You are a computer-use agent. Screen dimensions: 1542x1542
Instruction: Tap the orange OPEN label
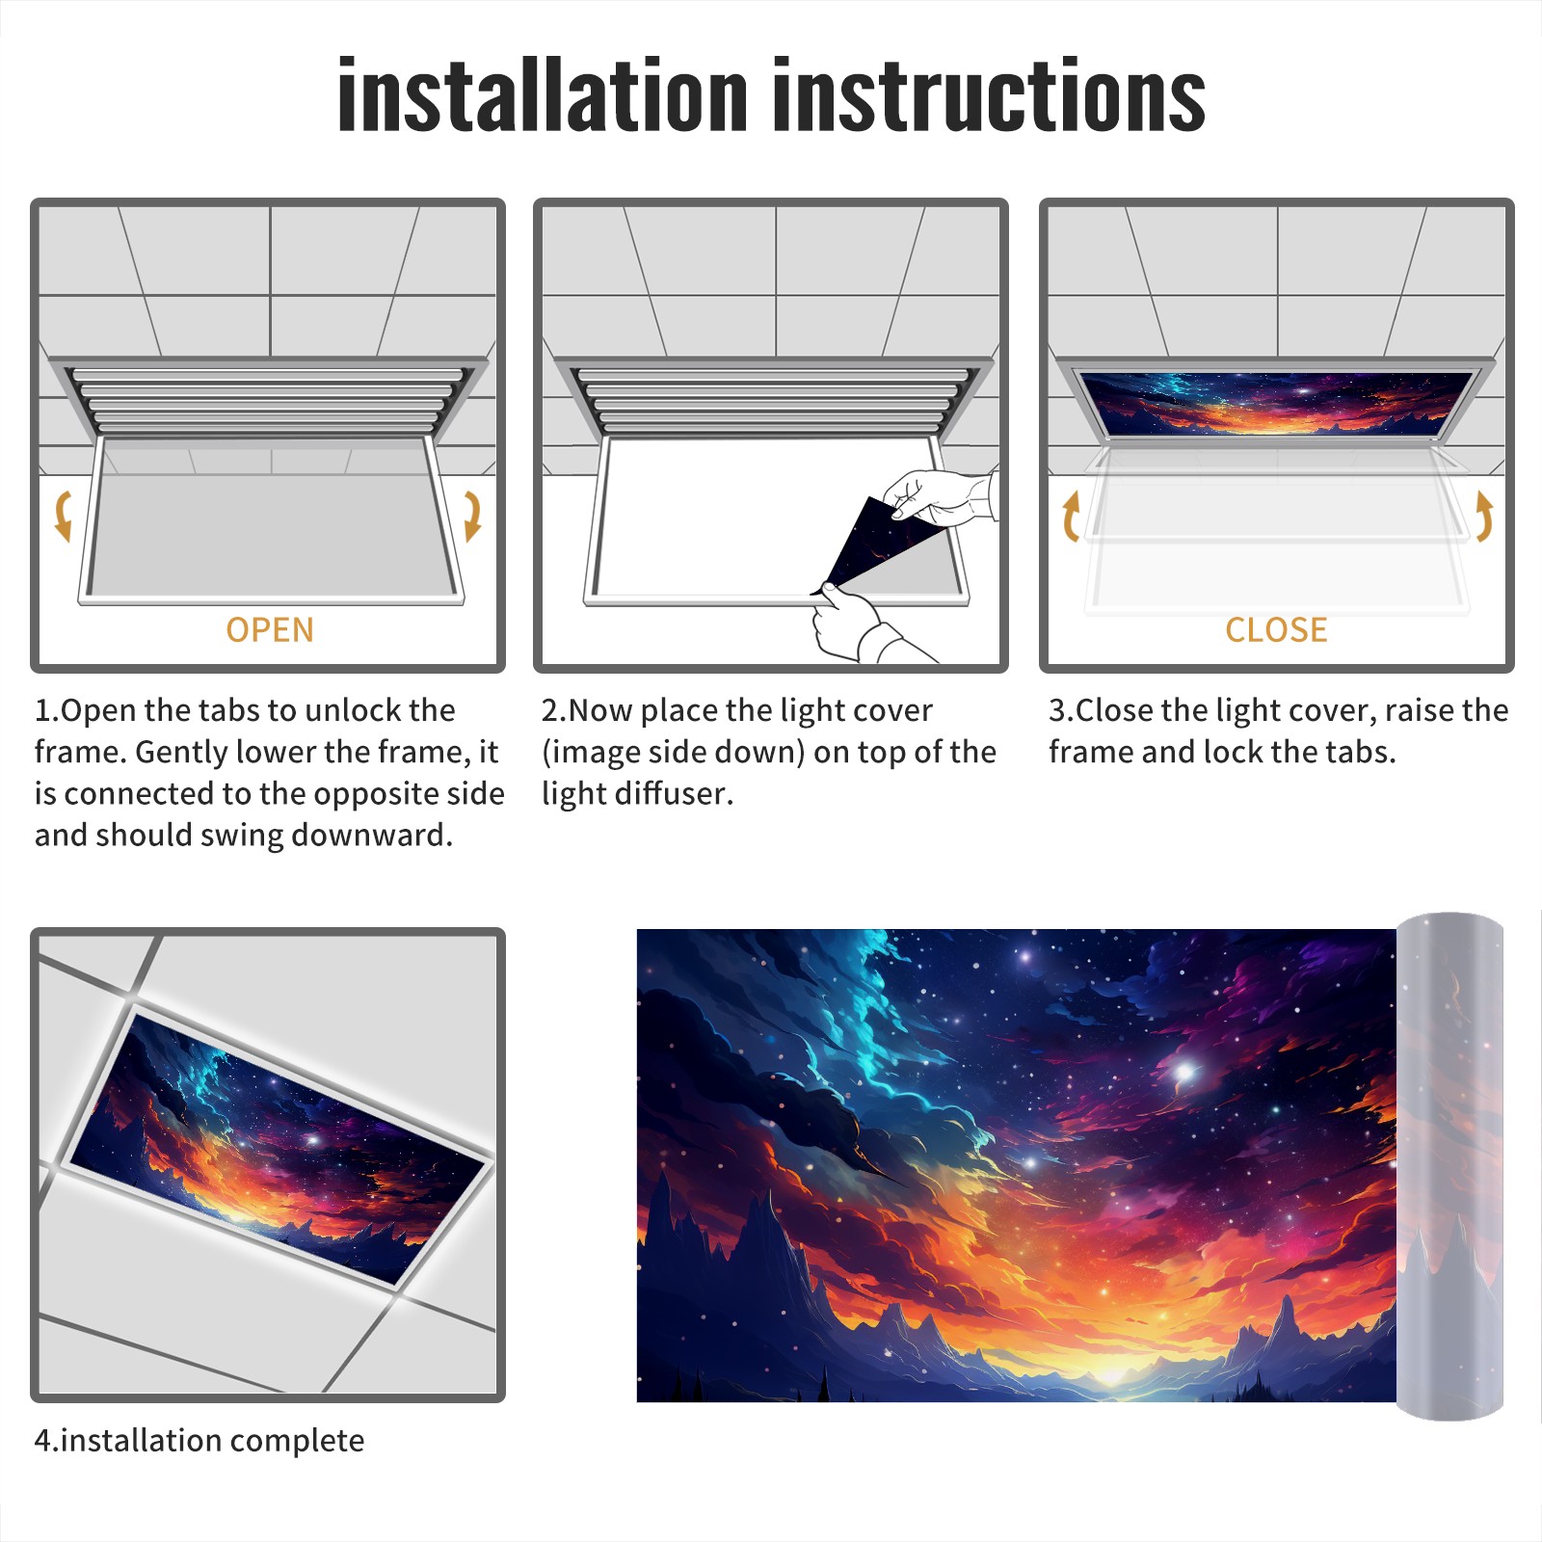pyautogui.click(x=270, y=629)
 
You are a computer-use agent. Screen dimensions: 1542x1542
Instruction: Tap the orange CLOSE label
pyautogui.click(x=1276, y=629)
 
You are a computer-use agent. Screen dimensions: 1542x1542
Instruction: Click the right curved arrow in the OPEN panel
pyautogui.click(x=472, y=516)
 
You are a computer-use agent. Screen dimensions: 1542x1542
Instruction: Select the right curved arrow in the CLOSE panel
pyautogui.click(x=1485, y=516)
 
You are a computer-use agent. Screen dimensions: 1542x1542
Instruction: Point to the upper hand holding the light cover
pyautogui.click(x=940, y=496)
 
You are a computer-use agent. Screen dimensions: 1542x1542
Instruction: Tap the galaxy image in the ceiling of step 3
pyautogui.click(x=1276, y=402)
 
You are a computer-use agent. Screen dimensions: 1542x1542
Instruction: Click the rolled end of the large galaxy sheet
pyautogui.click(x=1449, y=1166)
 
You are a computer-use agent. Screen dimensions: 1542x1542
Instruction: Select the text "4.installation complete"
pyautogui.click(x=199, y=1441)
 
